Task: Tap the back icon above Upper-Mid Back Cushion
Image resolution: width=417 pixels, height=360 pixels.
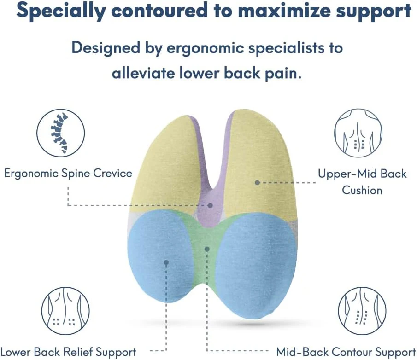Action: click(x=358, y=133)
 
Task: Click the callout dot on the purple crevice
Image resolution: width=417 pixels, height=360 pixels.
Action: click(x=211, y=205)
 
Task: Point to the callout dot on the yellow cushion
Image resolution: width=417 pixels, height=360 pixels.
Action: click(x=258, y=183)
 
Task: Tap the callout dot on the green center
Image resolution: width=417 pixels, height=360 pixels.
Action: click(x=207, y=249)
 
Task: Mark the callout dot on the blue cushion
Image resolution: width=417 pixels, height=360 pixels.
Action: click(x=166, y=262)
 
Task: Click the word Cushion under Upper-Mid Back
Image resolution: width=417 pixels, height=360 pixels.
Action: click(x=362, y=190)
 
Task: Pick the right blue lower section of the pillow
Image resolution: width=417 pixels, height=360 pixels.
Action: click(x=256, y=267)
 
